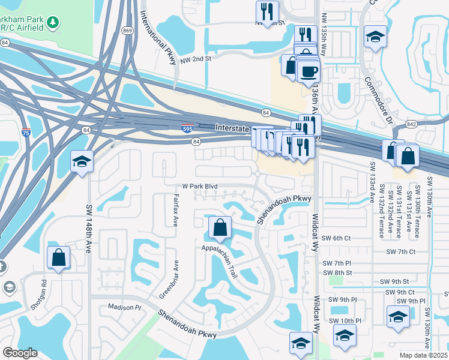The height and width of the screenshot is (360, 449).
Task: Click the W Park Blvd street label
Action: coord(200,187)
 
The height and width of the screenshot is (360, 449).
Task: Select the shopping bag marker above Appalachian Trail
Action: coord(220,228)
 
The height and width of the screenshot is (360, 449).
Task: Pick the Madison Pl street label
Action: coord(124,307)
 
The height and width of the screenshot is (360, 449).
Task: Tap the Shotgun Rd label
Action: coord(44,290)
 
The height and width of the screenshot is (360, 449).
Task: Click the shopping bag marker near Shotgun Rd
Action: coord(59,258)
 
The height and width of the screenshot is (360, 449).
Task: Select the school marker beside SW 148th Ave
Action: coord(81,161)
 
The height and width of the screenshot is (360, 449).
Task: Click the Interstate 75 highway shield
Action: coord(39,136)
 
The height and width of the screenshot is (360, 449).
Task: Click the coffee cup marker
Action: coord(309,71)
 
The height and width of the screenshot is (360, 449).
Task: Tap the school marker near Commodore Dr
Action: coord(375,37)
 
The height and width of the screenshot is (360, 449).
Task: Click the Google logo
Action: coord(19,353)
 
